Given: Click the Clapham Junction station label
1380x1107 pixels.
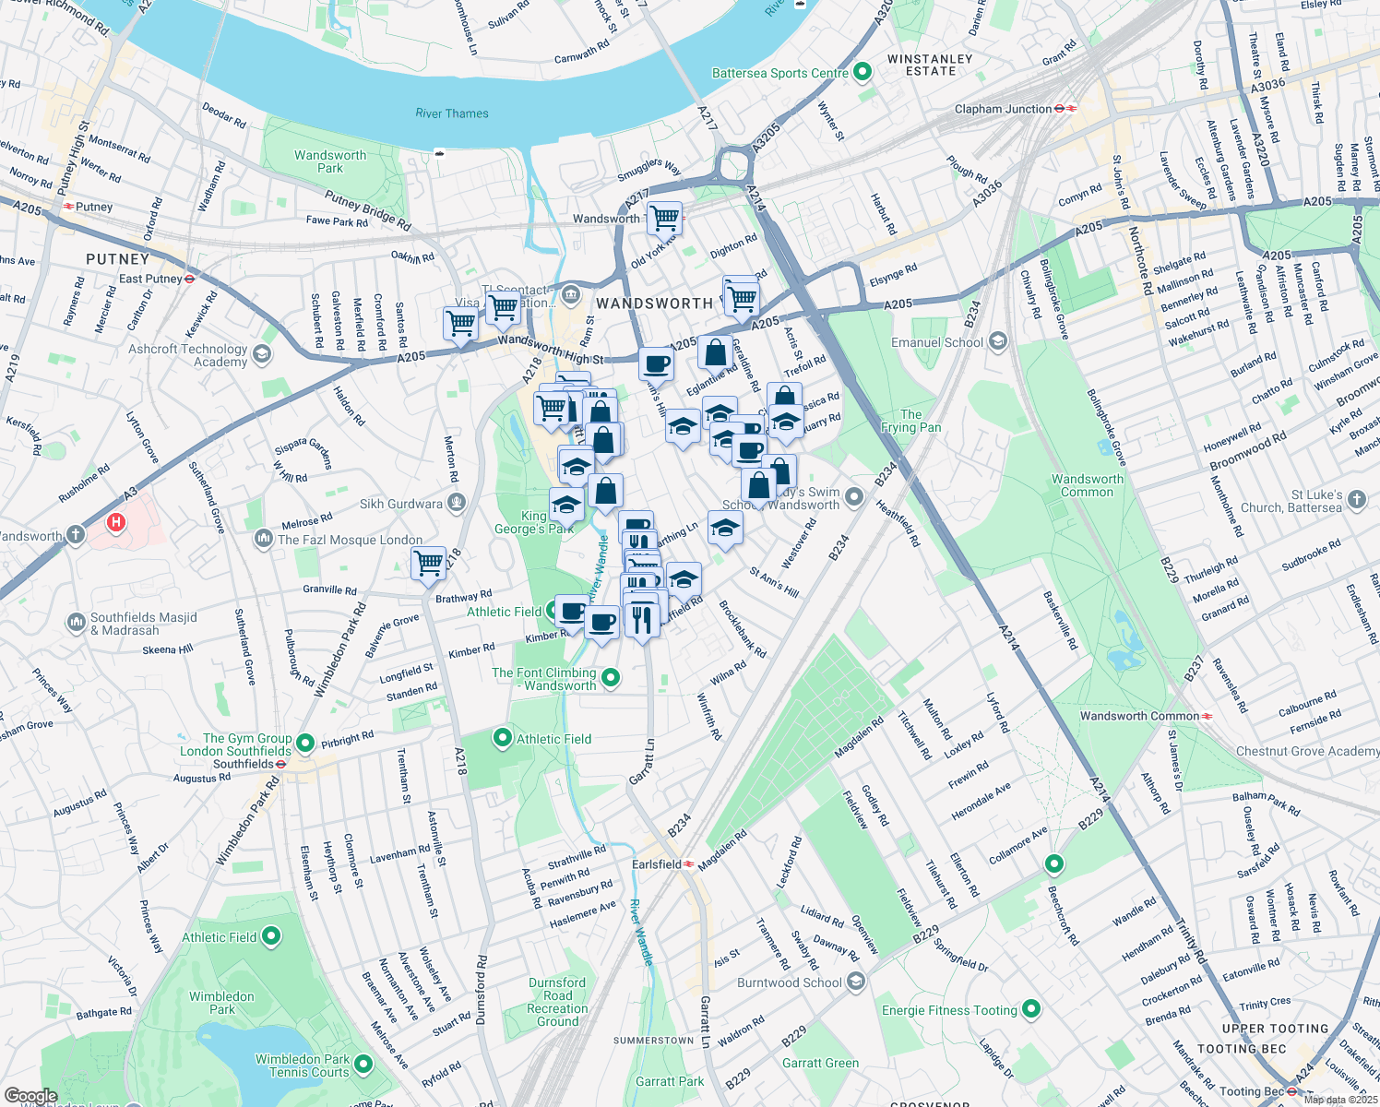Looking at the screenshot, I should (1003, 109).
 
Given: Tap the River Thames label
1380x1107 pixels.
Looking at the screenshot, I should (452, 113).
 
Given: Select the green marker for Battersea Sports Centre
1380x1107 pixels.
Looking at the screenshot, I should (862, 72).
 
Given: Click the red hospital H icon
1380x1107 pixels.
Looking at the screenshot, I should (115, 523).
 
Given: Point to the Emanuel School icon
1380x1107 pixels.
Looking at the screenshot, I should (997, 342).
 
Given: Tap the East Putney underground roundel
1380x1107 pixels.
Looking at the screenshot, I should (189, 279).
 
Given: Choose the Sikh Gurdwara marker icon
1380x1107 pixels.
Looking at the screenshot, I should (456, 503).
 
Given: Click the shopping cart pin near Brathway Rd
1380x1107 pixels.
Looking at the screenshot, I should (428, 562).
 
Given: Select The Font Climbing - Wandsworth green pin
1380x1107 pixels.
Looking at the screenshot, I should (610, 679).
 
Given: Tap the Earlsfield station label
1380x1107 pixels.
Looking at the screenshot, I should (657, 864).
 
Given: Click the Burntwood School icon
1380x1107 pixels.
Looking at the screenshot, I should (856, 982).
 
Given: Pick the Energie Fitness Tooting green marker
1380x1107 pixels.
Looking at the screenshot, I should (1031, 1009).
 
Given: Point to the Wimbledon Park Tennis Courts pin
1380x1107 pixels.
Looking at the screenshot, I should (363, 1065).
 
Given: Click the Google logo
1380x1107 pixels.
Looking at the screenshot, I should (31, 1096).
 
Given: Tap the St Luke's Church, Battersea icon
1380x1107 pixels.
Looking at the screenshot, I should (1356, 500).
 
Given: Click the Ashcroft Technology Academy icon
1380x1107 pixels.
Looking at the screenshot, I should (262, 354).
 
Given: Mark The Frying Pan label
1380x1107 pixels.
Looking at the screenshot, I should (910, 421).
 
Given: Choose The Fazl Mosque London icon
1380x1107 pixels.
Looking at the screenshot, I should (264, 538).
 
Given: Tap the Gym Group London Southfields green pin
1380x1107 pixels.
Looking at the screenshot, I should (305, 744).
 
